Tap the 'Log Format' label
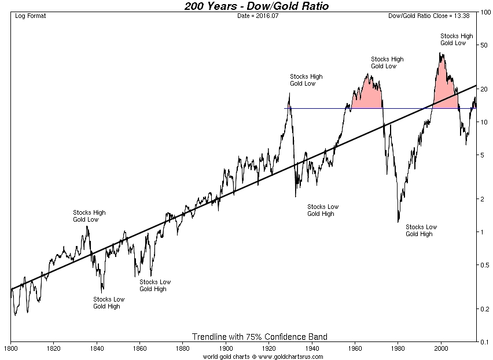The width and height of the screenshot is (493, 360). pyautogui.click(x=31, y=16)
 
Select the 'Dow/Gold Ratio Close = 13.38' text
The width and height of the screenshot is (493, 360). pyautogui.click(x=431, y=16)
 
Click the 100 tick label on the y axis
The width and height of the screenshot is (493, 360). pyautogui.click(x=485, y=12)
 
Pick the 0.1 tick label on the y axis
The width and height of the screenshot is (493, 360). pyautogui.click(x=484, y=342)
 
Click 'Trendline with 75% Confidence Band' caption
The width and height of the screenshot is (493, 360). pyautogui.click(x=259, y=337)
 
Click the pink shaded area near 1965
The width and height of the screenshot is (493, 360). pyautogui.click(x=367, y=95)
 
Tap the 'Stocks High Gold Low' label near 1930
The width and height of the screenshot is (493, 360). pyautogui.click(x=306, y=80)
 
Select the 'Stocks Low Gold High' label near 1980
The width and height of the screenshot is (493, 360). pyautogui.click(x=421, y=230)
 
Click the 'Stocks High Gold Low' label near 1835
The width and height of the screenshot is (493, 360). pyautogui.click(x=89, y=216)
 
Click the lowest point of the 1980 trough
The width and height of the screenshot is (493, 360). pyautogui.click(x=398, y=222)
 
